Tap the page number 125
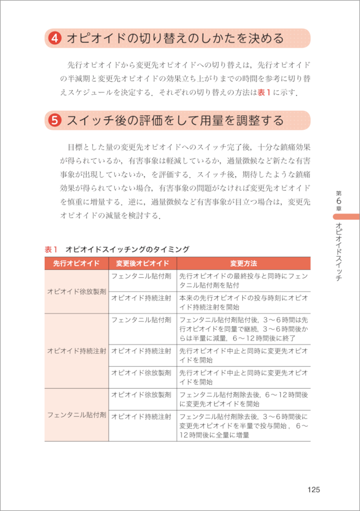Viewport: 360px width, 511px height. click(313, 489)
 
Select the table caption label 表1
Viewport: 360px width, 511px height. click(52, 249)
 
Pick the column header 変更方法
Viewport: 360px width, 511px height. click(243, 264)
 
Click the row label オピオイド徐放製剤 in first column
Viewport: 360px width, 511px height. click(76, 292)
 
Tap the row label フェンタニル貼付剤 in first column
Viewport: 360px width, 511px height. click(76, 414)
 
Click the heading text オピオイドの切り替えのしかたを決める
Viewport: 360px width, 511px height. click(175, 39)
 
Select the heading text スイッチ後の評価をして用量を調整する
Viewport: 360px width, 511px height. click(175, 121)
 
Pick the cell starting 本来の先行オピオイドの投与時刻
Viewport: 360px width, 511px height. click(243, 303)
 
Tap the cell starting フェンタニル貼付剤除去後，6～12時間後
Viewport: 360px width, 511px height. click(243, 398)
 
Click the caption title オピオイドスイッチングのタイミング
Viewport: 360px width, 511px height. click(127, 249)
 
